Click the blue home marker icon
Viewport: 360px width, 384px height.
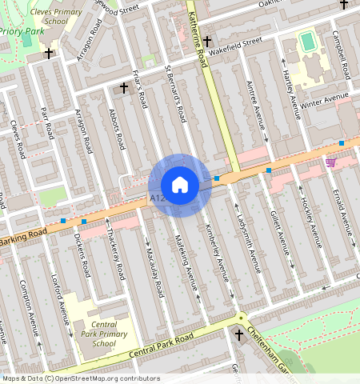click(180, 185)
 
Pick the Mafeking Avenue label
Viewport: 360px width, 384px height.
click(190, 267)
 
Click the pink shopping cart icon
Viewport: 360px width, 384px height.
click(330, 162)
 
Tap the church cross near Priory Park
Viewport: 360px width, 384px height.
click(50, 54)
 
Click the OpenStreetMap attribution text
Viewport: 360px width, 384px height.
click(80, 378)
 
